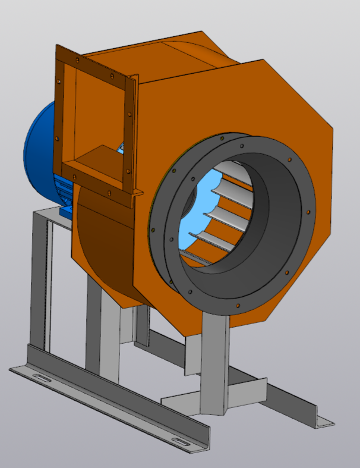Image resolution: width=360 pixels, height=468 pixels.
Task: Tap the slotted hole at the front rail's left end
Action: [x=41, y=378]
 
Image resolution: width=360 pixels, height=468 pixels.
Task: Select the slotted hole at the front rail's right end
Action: [x=181, y=441]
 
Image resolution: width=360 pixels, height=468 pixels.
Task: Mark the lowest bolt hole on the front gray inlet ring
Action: [x=238, y=306]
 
